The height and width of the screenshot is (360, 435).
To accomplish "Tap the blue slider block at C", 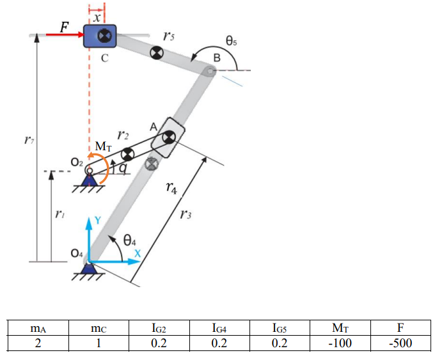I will [x=100, y=36].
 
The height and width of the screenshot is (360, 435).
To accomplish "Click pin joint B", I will [x=210, y=70].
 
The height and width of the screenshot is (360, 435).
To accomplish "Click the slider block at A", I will [x=168, y=137].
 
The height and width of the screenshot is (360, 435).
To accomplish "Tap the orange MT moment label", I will [x=104, y=147].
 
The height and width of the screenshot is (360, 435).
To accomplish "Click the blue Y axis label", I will [x=97, y=219].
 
